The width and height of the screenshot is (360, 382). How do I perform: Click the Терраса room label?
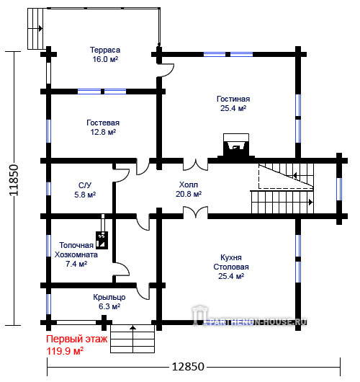[x=105, y=50]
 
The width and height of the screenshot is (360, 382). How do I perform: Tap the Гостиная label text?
[x=233, y=99]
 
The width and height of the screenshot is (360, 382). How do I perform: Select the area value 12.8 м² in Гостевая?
[x=103, y=132]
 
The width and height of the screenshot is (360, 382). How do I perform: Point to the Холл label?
[x=189, y=185]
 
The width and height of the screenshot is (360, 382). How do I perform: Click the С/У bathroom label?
[x=85, y=185]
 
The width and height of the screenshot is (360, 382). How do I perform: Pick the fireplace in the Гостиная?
[x=236, y=146]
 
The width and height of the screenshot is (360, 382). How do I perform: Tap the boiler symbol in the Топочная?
[x=102, y=240]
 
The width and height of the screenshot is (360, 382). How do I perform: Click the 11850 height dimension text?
[x=14, y=180]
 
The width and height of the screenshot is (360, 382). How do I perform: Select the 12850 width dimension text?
[x=188, y=366]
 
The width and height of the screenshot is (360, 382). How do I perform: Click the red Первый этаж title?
[x=76, y=339]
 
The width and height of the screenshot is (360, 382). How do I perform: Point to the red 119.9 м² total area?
[x=65, y=351]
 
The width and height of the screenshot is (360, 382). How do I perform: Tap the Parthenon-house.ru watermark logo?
[x=250, y=316]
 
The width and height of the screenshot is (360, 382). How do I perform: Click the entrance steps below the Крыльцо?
[x=132, y=339]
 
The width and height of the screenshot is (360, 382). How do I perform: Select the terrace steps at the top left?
[x=35, y=29]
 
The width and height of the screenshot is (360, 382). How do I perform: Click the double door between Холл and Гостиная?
[x=195, y=164]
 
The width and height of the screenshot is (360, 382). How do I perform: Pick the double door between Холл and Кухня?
[x=195, y=212]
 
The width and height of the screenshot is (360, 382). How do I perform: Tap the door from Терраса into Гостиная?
[x=166, y=70]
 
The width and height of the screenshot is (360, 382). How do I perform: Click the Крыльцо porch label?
[x=109, y=297]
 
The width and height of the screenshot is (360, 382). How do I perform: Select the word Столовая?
[x=231, y=267]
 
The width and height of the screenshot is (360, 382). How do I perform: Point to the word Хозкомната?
[x=76, y=255]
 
